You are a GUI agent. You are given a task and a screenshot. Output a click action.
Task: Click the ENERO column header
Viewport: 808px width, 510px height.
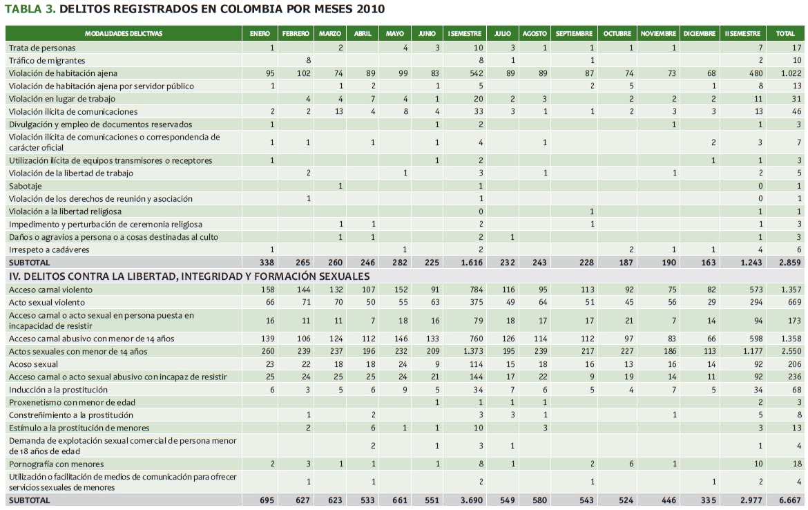(x=260, y=33)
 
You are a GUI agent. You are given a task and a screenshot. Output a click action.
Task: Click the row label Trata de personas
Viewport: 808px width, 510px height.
(x=42, y=48)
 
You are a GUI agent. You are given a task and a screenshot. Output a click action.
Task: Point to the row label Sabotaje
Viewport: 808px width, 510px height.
(x=26, y=186)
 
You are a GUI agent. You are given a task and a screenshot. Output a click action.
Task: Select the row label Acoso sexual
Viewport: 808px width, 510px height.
(x=33, y=364)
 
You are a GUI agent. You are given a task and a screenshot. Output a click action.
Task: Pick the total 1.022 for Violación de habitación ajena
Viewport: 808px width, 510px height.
(x=791, y=73)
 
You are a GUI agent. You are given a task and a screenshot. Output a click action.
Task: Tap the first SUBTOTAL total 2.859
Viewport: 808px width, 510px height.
(x=791, y=263)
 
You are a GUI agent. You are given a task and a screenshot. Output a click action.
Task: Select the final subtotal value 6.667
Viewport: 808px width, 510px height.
(x=791, y=500)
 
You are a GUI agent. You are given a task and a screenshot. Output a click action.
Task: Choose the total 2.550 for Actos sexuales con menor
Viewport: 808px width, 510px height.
(x=791, y=352)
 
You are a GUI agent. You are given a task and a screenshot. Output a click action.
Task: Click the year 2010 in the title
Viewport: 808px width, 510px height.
(x=369, y=9)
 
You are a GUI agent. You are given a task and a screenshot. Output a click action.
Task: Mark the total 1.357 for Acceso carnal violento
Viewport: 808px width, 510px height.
(x=791, y=290)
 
